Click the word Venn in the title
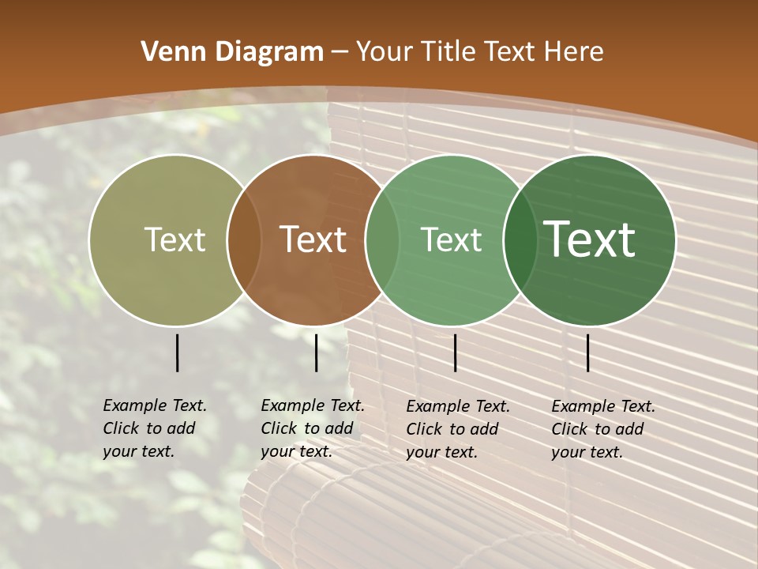[164, 52]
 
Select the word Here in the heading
[575, 52]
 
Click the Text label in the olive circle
[174, 239]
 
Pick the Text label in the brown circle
[313, 239]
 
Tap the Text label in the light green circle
[451, 239]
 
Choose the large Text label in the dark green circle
[589, 239]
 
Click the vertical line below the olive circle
[177, 352]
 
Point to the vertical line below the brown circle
[316, 352]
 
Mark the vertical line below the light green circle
[455, 352]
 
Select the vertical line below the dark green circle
[587, 352]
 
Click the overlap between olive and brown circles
[244, 240]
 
